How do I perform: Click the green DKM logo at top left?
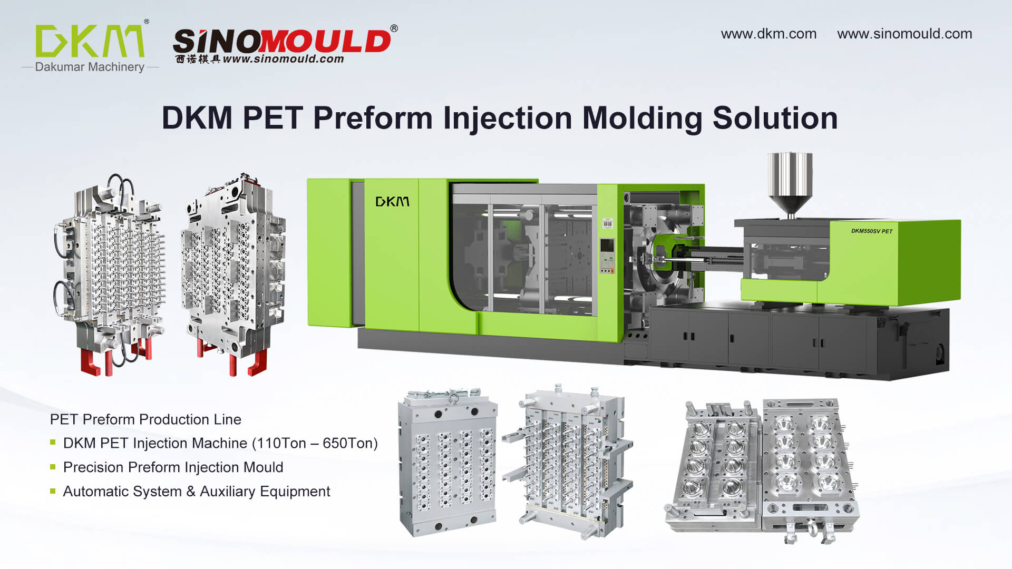coord(90,41)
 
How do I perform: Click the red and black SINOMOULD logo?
coord(282,41)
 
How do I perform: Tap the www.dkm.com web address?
coord(768,34)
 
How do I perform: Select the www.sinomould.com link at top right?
coord(904,34)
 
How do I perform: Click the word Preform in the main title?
coord(373,117)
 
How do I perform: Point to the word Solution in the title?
coord(775,117)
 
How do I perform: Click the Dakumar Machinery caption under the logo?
coord(90,67)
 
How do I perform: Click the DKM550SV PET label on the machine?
coord(872,231)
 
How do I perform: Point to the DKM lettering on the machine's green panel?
coord(392,202)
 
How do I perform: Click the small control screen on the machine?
coord(607,246)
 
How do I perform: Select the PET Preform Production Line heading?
coord(145,419)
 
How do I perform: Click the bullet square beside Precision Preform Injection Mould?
coord(53,467)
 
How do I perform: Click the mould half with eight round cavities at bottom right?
coord(809,464)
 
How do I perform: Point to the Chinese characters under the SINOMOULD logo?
coord(198,59)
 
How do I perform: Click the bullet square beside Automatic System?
coord(53,491)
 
